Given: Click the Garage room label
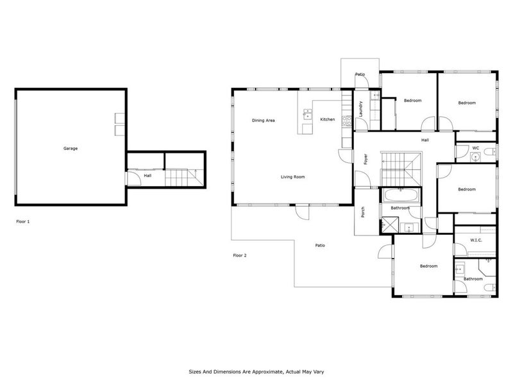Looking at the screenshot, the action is [x=71, y=148].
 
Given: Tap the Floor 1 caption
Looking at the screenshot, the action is [x=23, y=221].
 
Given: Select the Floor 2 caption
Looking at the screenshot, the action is [x=240, y=255].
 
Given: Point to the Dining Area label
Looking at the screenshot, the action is [x=264, y=121].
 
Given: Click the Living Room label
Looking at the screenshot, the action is [x=293, y=177].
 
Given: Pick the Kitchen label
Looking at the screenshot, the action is [x=328, y=119].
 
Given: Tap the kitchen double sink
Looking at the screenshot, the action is [x=308, y=115].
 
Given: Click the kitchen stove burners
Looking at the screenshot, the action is [x=347, y=121].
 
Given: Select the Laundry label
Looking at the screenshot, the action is [x=361, y=109].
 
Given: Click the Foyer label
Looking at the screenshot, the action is [x=366, y=159].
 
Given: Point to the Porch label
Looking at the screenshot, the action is [x=363, y=212].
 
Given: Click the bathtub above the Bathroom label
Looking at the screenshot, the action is [x=400, y=196].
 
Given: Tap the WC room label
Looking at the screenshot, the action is [x=476, y=148].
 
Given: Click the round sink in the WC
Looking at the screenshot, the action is [x=475, y=157].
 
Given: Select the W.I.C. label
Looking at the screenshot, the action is [x=476, y=240].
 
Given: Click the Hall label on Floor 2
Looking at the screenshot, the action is [x=425, y=140].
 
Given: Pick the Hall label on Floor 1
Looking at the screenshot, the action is [x=147, y=176].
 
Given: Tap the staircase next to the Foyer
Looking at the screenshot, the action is [x=401, y=169].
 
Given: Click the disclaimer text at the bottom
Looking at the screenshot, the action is [x=256, y=372].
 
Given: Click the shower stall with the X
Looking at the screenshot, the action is [x=391, y=224].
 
